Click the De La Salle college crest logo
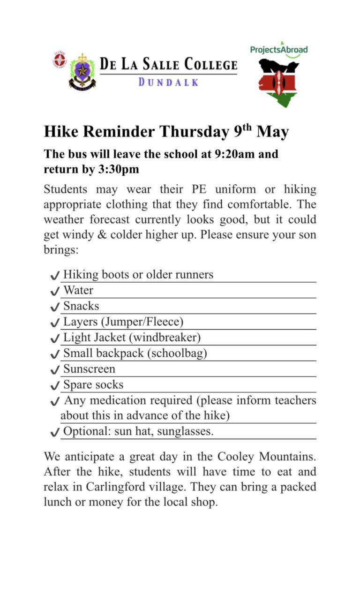82,71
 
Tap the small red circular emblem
59,60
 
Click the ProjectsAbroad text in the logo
279,49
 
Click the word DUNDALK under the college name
168,82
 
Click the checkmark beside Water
54,291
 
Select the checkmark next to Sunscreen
54,370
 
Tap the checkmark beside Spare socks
54,386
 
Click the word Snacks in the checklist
81,306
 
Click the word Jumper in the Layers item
121,322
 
